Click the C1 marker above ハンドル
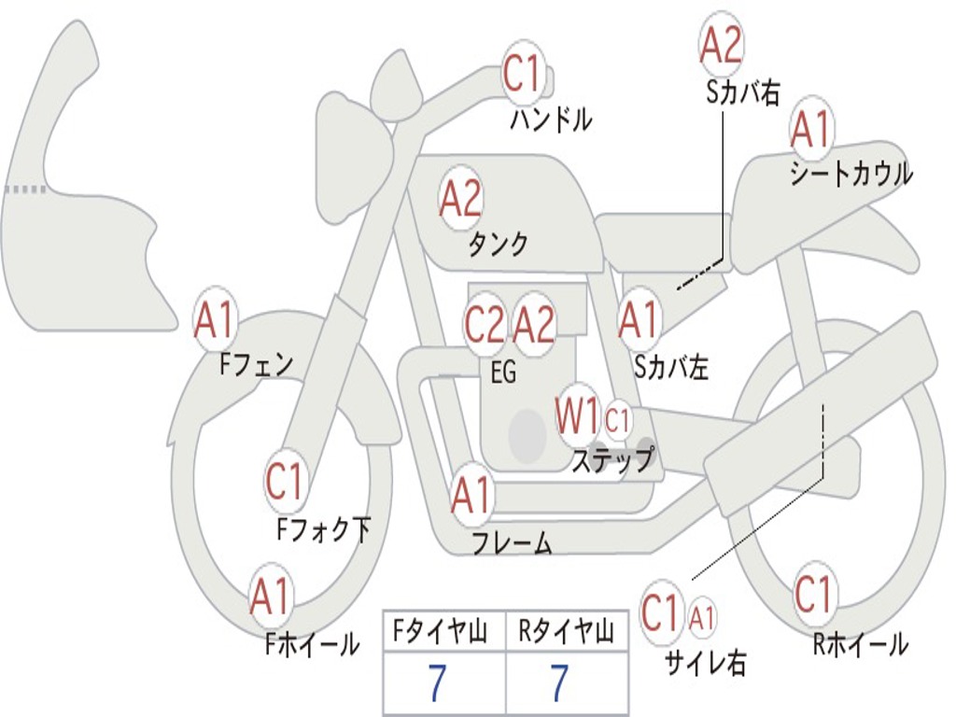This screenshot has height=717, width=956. tap(523, 74)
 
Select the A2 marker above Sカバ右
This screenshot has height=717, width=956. tap(721, 45)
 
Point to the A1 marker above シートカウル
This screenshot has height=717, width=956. tap(810, 130)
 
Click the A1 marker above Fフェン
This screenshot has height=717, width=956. tap(216, 321)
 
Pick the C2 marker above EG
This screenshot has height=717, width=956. tap(485, 325)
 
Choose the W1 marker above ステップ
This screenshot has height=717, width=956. tap(578, 416)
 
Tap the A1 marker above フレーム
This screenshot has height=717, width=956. tap(471, 495)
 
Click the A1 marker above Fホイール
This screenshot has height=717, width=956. tap(271, 597)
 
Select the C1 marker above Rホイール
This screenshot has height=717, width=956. tap(813, 594)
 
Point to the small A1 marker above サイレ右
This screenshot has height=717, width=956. tap(703, 616)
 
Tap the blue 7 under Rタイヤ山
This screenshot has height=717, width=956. tap(559, 684)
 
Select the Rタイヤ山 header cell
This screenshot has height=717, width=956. tap(567, 634)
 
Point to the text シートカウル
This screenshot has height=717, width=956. tap(851, 175)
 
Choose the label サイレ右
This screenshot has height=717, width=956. tap(706, 662)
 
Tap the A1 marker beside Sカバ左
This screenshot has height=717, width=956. tap(640, 320)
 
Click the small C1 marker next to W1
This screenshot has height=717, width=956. tap(618, 421)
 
